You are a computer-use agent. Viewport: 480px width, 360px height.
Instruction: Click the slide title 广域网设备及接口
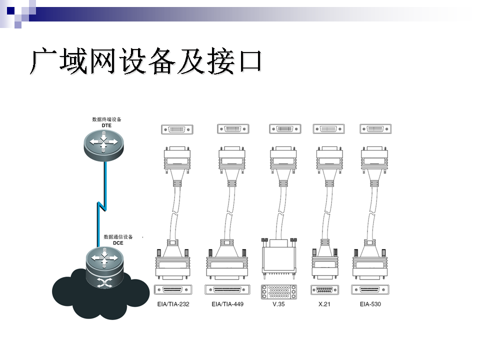[146, 61]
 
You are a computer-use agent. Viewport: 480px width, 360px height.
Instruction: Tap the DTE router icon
[103, 143]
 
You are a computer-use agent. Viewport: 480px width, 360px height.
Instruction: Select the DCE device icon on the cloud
[104, 268]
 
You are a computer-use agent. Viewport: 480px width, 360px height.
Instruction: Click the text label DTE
[106, 126]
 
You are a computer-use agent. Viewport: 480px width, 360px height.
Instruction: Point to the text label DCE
[117, 243]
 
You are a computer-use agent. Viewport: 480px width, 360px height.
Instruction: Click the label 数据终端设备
[106, 119]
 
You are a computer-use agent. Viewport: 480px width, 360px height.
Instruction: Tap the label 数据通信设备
[118, 236]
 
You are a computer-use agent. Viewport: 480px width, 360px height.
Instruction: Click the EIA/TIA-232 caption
[172, 303]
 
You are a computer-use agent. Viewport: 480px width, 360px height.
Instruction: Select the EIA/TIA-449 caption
[227, 303]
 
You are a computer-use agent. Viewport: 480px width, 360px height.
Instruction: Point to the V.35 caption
[278, 303]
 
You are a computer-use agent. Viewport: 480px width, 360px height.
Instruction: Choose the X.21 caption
[324, 303]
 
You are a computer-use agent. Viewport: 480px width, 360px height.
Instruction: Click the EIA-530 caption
[370, 303]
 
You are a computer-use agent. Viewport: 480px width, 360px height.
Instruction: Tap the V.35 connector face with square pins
[278, 291]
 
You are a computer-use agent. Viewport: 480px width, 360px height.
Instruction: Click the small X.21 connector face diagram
[324, 290]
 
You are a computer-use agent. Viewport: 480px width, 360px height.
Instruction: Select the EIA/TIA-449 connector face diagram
[227, 290]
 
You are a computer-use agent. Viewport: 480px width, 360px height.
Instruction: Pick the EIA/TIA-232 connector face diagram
[172, 290]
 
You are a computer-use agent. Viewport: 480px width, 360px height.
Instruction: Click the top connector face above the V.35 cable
[285, 129]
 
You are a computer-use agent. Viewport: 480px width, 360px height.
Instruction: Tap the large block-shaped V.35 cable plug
[278, 257]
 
